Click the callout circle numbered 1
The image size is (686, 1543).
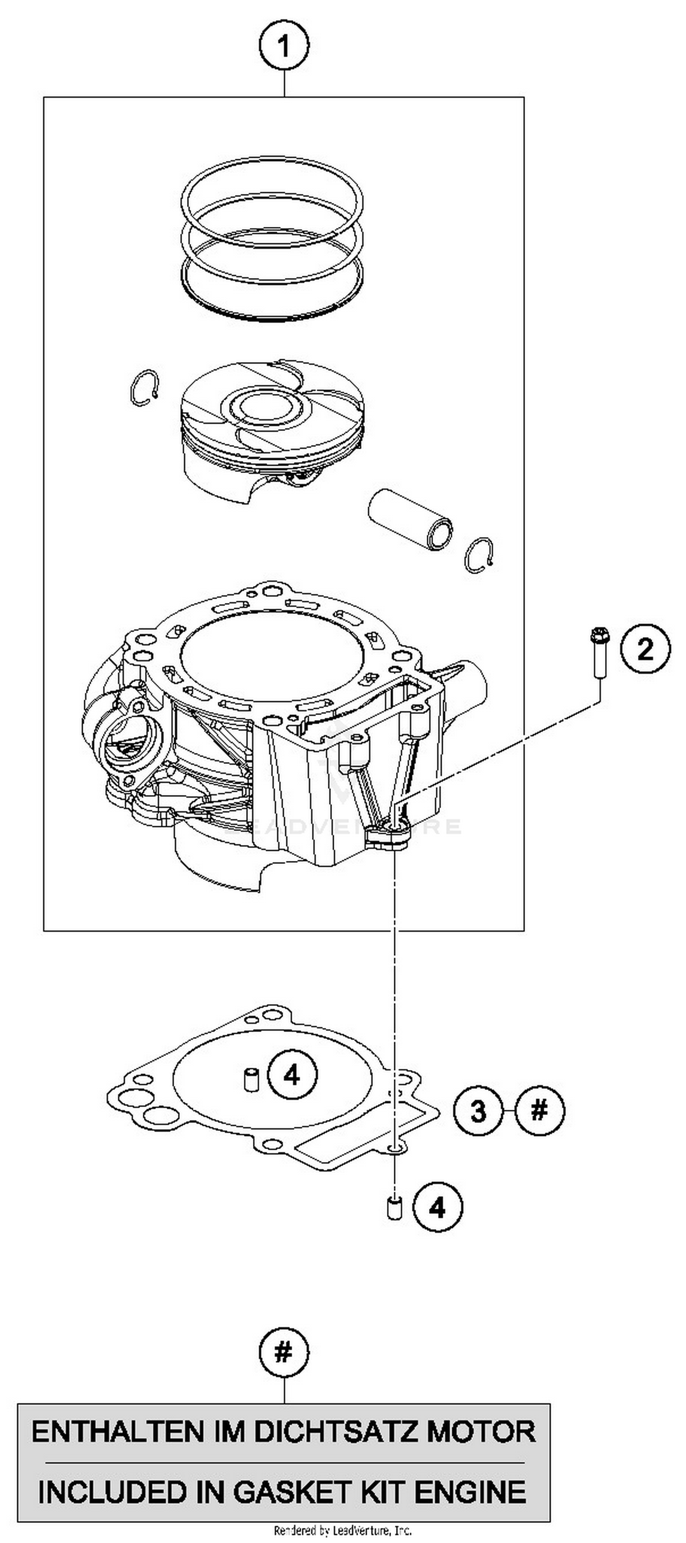click(x=284, y=46)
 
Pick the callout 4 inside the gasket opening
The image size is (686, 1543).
click(x=291, y=1076)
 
